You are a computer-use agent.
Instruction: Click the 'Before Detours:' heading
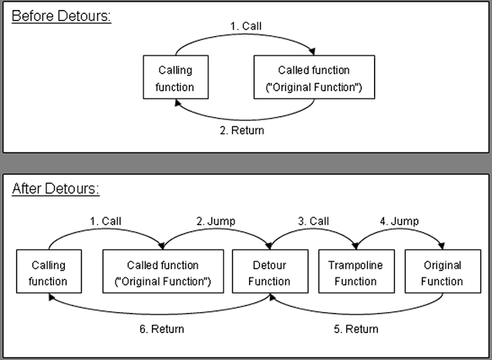(62, 16)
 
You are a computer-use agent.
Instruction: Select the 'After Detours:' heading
(56, 189)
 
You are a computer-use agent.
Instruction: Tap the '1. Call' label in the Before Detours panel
(246, 26)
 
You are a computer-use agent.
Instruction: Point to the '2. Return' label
(242, 130)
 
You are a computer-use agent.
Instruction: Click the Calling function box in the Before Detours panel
(176, 77)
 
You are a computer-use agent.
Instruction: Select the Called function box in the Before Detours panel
(314, 77)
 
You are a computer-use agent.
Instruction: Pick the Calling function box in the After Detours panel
(49, 271)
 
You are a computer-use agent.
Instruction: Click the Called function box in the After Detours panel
(163, 271)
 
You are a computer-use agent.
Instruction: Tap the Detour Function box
(270, 271)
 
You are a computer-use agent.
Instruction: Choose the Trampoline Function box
(356, 271)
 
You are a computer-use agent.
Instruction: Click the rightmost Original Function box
(443, 271)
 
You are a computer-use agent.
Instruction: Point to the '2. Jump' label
(216, 221)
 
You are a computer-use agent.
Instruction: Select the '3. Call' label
(313, 221)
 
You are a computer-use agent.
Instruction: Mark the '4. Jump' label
(399, 221)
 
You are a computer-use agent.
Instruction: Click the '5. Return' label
(356, 329)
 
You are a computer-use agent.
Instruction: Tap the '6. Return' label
(162, 329)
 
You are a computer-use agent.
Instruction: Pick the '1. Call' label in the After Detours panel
(106, 221)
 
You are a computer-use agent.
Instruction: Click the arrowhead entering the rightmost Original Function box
(442, 246)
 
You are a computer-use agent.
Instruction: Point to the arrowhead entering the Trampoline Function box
(356, 246)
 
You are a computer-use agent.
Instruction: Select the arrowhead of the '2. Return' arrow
(178, 103)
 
